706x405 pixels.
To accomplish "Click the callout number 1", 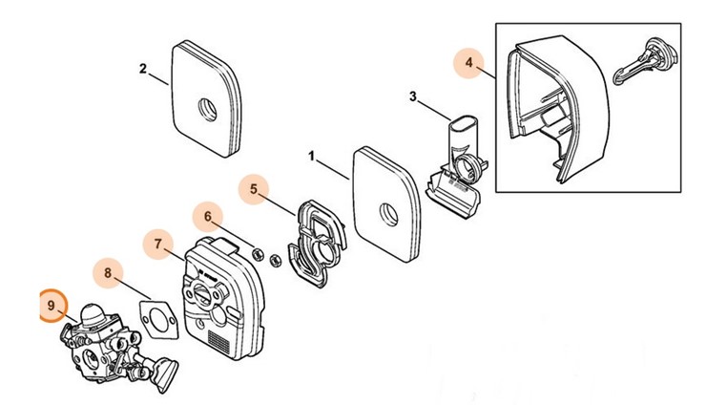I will point(311,153).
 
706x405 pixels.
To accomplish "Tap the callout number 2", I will point(142,69).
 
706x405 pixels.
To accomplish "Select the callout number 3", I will point(412,96).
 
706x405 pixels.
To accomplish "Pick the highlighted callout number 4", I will point(468,63).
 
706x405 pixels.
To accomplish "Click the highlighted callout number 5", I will point(254,189).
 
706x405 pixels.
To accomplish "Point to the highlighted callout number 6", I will point(208,217).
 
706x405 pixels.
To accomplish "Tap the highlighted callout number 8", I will point(108,274).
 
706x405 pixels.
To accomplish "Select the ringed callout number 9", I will point(52,305).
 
